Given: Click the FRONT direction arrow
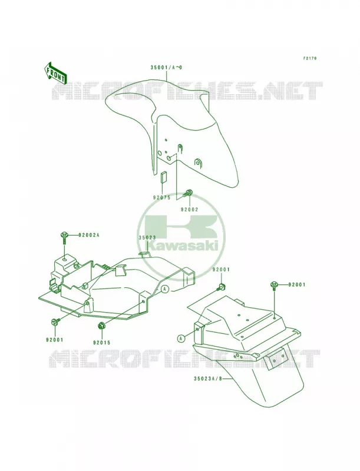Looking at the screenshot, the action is (55, 73).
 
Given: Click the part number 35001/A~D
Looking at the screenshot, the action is (166, 68).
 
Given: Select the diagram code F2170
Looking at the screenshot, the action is (309, 58).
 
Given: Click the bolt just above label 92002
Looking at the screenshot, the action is (189, 194).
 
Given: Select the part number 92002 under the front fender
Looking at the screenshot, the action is (189, 210).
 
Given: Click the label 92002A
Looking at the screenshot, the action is (89, 235).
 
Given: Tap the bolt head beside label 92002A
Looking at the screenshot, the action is (64, 234).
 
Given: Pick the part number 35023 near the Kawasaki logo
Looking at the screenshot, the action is (147, 237).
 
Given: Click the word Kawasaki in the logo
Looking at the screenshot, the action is (183, 247).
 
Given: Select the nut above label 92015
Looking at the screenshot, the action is (101, 326).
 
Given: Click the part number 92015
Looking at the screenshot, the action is (101, 342).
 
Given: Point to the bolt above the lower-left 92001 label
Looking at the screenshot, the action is (55, 321).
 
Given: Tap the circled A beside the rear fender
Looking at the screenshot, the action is (180, 339).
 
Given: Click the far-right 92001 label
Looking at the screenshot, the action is (297, 284).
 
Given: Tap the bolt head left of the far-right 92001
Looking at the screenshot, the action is (275, 284).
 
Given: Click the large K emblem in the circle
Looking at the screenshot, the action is (180, 226).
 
